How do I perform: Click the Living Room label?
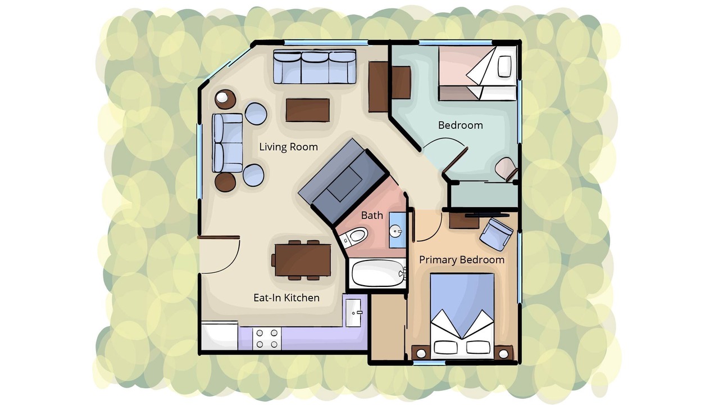(288, 147)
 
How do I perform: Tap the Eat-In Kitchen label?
(286, 298)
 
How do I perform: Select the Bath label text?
(372, 215)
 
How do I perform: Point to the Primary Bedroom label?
(462, 260)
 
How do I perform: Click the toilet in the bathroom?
(353, 237)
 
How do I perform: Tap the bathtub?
(378, 273)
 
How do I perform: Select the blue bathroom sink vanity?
(397, 230)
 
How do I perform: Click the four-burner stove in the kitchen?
(267, 339)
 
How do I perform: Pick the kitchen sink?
(353, 313)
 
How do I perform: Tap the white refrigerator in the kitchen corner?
(220, 336)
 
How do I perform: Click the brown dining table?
(303, 260)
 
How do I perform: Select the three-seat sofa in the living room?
(315, 66)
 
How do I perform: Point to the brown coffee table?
(307, 110)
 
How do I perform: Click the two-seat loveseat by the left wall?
(227, 143)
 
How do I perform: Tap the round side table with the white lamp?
(225, 99)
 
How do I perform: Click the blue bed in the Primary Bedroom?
(462, 316)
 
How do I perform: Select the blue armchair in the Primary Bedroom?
(496, 234)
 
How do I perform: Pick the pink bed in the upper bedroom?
(477, 73)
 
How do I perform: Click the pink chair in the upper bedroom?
(506, 169)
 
